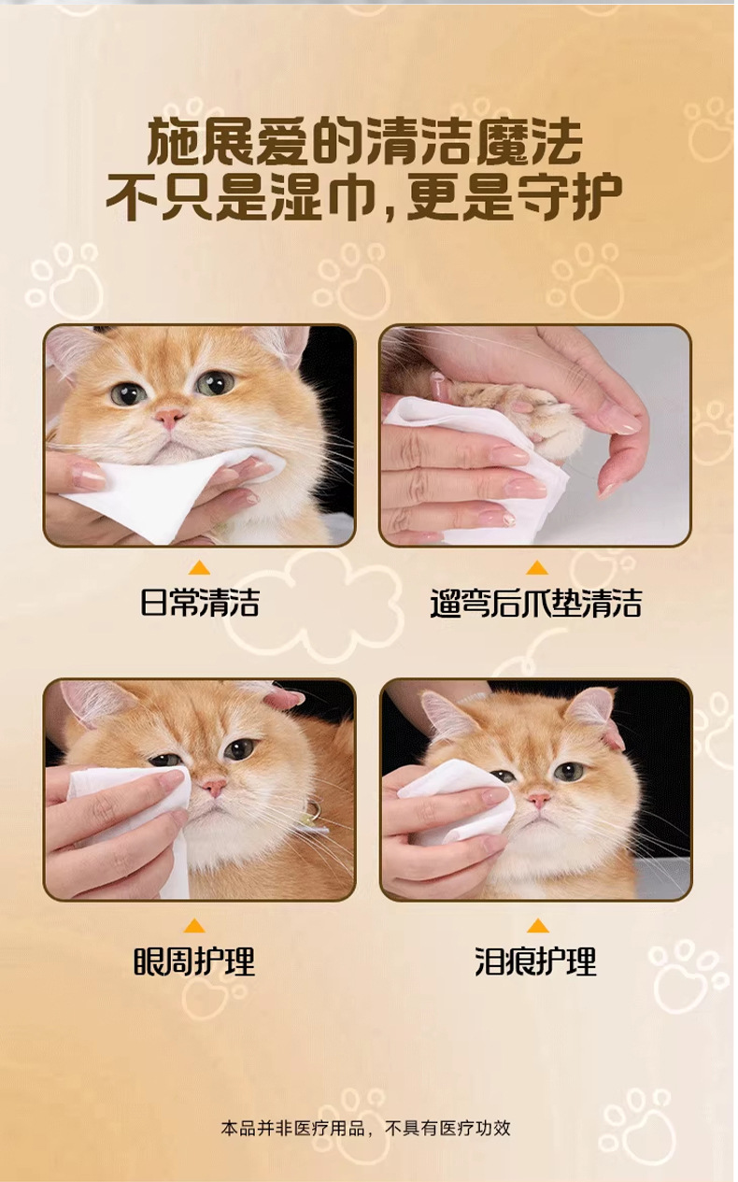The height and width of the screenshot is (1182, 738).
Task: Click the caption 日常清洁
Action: point(199,603)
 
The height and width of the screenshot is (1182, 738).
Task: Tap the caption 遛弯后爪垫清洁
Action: point(536,603)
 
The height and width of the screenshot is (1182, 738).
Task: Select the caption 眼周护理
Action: point(194,961)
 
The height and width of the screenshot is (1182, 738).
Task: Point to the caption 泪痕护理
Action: point(536,961)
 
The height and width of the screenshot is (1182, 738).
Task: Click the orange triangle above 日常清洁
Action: point(199,568)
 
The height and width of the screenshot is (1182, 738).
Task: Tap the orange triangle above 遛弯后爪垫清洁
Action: point(537,568)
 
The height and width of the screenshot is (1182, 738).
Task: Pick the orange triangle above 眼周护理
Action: point(194,926)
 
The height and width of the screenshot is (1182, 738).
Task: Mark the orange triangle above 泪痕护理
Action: point(537,926)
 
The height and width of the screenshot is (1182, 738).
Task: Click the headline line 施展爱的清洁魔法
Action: point(364,141)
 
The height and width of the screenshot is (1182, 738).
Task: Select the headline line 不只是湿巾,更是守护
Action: point(364,196)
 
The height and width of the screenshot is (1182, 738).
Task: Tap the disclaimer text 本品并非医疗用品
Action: point(292,1128)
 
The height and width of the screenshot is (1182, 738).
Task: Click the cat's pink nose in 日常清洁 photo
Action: point(169,418)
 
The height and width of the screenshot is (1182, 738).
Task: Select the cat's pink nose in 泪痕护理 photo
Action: point(539,801)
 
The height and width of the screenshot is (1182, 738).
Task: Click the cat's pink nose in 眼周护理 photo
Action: point(214,787)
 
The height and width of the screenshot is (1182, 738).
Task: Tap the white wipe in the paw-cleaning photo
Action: point(475,464)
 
